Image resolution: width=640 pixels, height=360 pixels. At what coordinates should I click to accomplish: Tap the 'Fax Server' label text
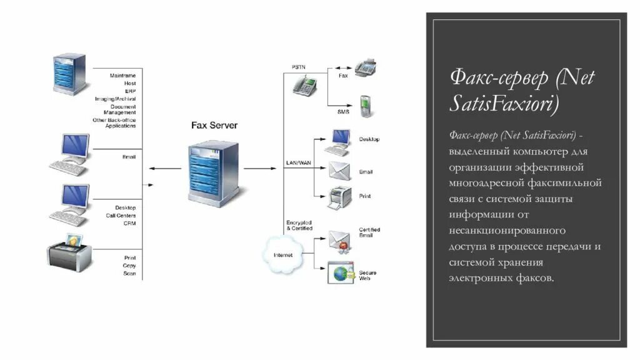pos(214,126)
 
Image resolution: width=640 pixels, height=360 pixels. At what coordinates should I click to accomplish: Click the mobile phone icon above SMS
pos(366,106)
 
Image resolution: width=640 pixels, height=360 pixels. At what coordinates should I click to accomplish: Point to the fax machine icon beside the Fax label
pos(368,67)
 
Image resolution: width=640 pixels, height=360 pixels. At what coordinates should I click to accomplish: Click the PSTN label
pos(298,67)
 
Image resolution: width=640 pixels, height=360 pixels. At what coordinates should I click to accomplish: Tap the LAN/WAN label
pos(298,162)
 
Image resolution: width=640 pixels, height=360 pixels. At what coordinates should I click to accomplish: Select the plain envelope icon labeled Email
pos(339,170)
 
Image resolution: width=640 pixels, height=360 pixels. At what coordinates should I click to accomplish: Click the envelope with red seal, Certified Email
pos(340,240)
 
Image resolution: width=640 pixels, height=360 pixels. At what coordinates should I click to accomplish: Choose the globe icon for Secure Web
pos(341,273)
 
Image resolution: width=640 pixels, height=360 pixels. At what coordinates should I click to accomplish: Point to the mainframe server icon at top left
pos(69,73)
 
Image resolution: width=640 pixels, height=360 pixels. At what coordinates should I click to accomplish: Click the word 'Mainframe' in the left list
pos(122,76)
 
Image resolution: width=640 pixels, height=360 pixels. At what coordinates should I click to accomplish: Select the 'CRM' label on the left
pos(129,223)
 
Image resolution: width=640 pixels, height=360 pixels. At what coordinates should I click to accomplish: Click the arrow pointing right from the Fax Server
pos(259,169)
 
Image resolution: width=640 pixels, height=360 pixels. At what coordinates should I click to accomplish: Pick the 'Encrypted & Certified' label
pos(299,225)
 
